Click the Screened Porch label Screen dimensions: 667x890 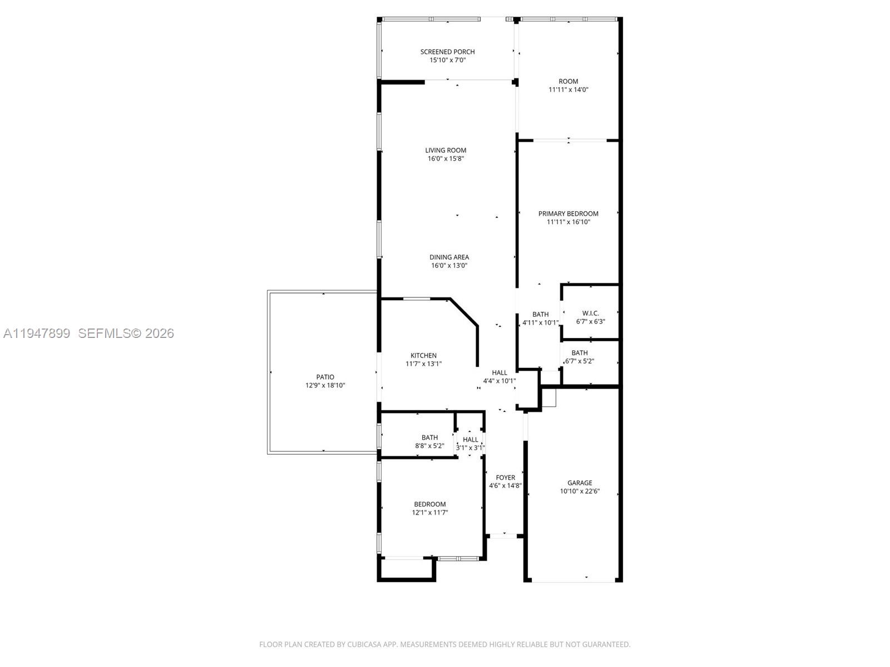447,52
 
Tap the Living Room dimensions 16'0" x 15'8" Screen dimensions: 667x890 446,158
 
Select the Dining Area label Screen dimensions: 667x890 449,257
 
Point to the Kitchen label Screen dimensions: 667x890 423,355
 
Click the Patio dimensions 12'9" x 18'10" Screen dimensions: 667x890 325,385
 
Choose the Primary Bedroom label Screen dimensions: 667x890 568,213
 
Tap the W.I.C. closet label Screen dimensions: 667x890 590,313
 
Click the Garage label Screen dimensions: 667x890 580,482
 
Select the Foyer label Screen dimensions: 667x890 505,477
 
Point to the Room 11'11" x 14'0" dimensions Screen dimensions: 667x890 568,89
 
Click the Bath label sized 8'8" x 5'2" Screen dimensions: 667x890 429,437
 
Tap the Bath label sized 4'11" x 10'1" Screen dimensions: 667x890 540,314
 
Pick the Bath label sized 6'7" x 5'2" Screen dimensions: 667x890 579,352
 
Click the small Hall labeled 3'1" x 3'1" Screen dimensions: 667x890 470,440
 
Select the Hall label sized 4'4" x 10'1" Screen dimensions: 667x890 499,372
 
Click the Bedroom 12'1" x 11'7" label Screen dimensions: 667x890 429,504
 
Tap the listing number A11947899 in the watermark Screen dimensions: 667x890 37,333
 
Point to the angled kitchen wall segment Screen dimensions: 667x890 464,312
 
